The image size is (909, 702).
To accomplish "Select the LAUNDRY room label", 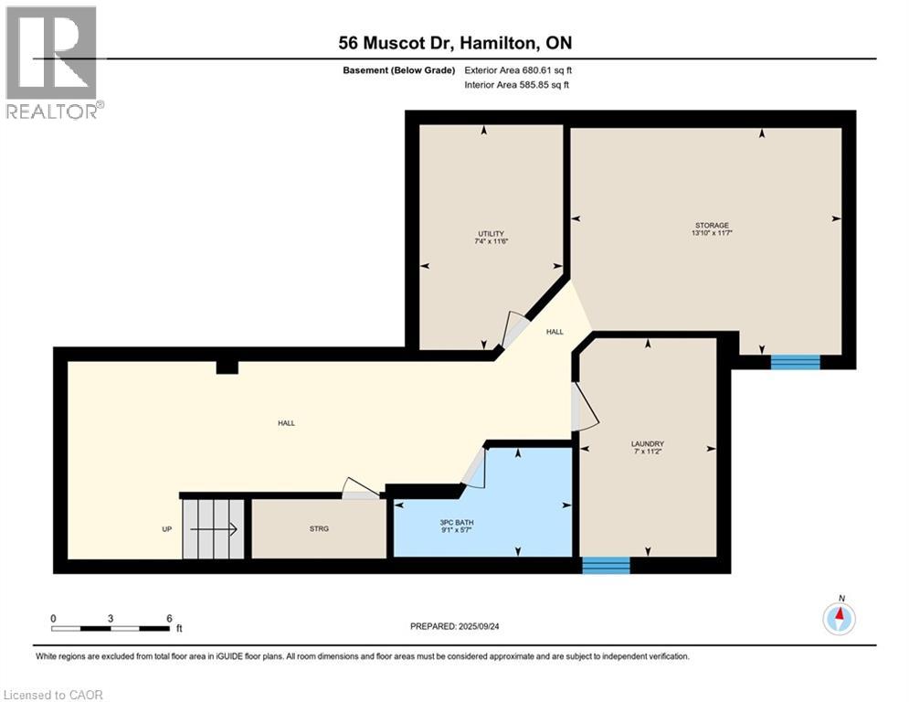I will [647, 444].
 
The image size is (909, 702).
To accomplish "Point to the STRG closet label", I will [319, 528].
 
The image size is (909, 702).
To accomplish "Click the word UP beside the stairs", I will [165, 528].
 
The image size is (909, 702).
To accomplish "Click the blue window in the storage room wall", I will [795, 362].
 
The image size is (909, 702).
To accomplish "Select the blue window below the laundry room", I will [606, 566].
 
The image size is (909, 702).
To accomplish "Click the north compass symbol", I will [839, 619].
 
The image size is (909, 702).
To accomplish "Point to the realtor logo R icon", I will [51, 53].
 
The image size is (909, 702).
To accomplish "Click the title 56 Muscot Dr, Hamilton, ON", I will [454, 43].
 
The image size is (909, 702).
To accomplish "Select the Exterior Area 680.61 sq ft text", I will [518, 69].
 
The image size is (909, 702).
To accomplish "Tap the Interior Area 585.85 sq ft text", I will [518, 85].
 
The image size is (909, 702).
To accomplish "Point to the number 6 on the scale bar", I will [169, 618].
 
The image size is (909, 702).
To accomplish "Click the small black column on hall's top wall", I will [227, 367].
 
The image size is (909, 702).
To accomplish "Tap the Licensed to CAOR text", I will [53, 695].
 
